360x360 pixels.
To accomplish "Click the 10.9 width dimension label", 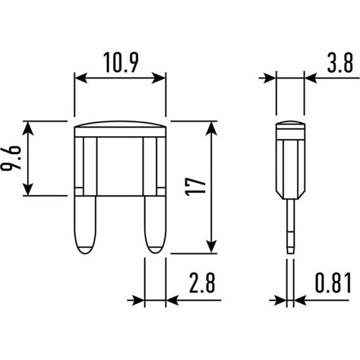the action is pos(121,62).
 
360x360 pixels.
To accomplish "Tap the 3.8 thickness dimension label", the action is pos(340,62).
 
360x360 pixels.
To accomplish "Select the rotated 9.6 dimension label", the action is pos(11,158).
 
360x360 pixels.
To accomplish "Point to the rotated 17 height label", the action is pos(195,186).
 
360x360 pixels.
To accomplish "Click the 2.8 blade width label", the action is pos(202,283).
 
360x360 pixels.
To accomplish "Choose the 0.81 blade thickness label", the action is pos(333,283).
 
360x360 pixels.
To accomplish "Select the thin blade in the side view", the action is pos(290,226).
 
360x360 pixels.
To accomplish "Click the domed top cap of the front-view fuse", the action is pos(120,124).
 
